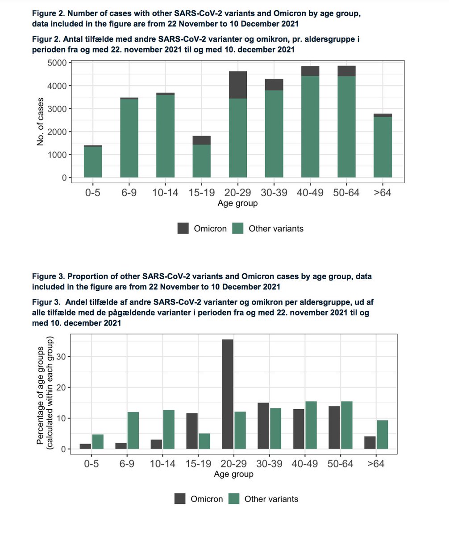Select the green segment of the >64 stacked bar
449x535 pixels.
pos(382,147)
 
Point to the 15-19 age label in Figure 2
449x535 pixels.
pos(201,193)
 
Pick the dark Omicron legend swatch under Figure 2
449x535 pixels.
pos(183,228)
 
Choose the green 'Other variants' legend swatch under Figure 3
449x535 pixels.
pos(234,499)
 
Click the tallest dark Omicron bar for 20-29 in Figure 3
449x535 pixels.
pos(227,395)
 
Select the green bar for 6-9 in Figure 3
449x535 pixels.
pos(133,430)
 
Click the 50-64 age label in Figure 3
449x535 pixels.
pos(340,464)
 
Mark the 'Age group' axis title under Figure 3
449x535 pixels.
pos(233,474)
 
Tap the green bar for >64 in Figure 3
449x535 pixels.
pos(382,435)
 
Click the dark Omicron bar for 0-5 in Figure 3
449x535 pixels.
pos(85,446)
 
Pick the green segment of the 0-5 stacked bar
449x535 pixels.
pos(93,162)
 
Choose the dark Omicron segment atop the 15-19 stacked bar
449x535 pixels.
pos(201,140)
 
